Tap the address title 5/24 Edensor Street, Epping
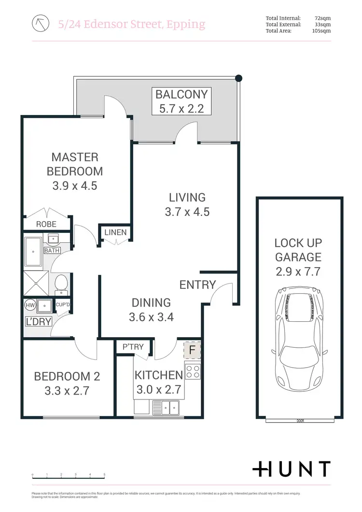tap(131, 24)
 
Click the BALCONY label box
tap(181, 101)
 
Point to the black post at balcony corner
tap(238, 77)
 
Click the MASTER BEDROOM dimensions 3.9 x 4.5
tap(74, 185)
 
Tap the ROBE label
tap(46, 224)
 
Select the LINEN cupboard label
tap(115, 232)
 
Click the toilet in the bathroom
tap(61, 283)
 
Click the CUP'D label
tap(63, 305)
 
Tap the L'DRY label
tap(38, 321)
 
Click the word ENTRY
tap(197, 284)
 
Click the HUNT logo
tap(292, 469)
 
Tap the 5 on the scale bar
tap(104, 475)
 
